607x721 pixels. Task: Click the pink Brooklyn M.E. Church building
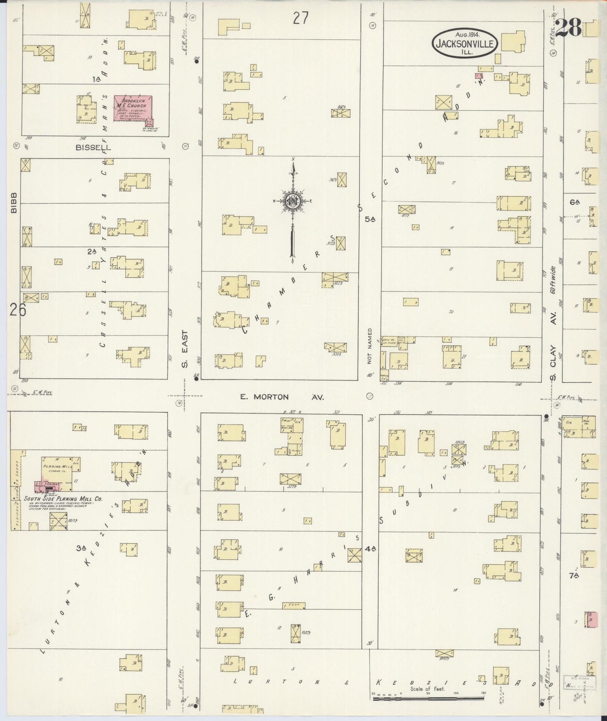133,108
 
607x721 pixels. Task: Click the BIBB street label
14,202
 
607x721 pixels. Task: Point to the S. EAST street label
185,349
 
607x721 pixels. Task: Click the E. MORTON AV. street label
282,397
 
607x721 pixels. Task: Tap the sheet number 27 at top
301,18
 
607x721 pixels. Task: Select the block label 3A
81,548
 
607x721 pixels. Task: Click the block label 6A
575,202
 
